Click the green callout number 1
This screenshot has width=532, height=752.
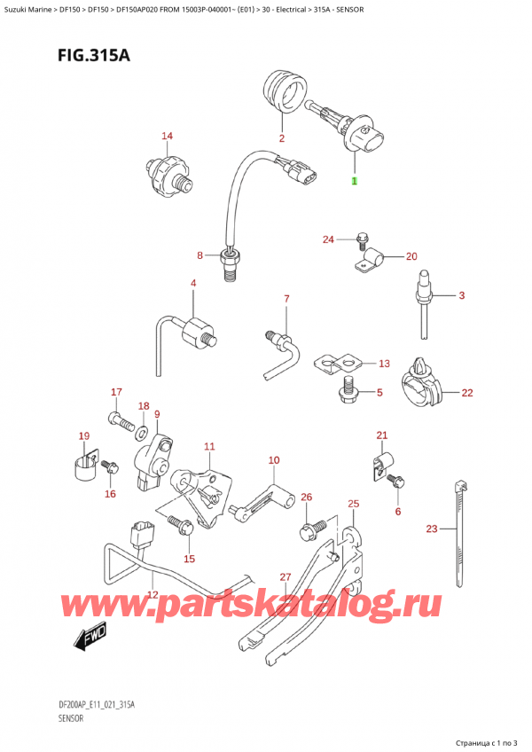354,181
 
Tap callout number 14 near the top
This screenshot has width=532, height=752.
167,136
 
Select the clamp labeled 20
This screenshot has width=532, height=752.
372,260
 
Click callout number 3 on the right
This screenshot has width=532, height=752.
461,295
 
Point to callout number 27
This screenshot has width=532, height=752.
285,577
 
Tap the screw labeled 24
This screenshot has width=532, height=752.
362,238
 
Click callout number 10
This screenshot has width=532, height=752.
273,460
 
